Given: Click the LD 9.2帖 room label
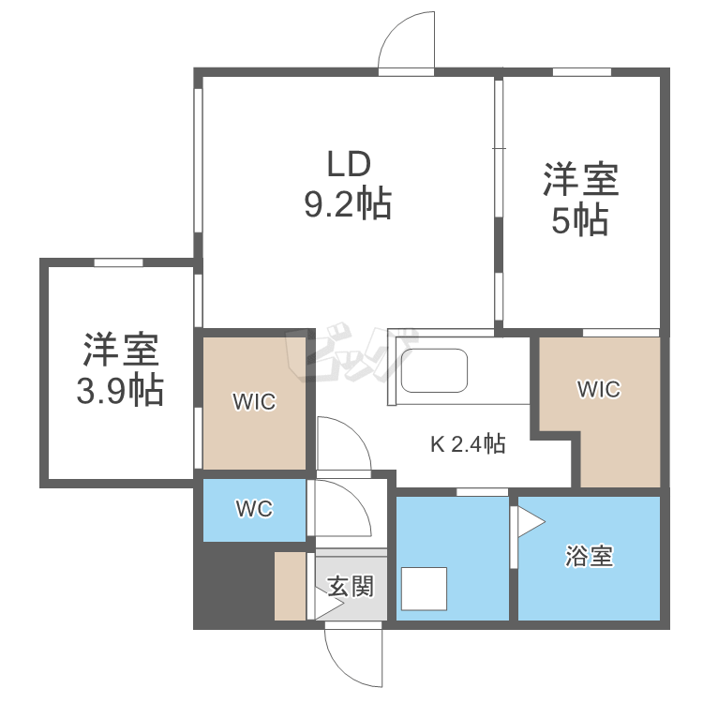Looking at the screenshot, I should point(348,184).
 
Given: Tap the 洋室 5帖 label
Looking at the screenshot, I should point(580,199).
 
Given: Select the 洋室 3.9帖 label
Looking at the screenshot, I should point(120,368).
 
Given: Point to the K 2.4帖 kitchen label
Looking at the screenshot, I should point(468,444).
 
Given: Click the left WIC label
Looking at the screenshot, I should point(254,402).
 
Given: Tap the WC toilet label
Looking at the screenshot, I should point(253,509).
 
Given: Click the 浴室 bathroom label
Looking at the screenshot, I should point(589,557).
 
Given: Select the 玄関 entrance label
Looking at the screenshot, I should point(351,587).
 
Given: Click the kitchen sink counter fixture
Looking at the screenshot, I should point(434,371).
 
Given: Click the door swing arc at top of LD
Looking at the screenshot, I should point(405,42).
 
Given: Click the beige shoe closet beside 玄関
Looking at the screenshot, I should point(290,586).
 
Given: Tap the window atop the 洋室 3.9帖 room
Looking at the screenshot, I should point(118,263).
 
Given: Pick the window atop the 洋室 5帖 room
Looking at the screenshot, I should point(581,72).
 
